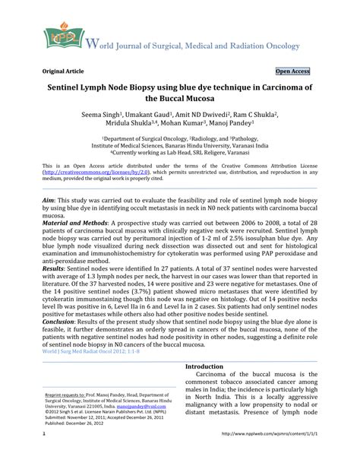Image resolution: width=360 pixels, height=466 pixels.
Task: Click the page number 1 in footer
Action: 24,455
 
